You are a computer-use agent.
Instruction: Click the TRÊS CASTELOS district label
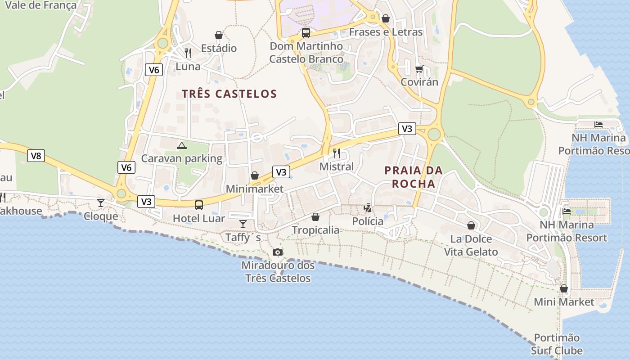click(x=229, y=94)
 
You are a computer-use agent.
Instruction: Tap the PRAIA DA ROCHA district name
click(x=414, y=177)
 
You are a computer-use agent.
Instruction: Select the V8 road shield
click(x=36, y=156)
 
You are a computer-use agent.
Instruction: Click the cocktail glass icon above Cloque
click(x=101, y=203)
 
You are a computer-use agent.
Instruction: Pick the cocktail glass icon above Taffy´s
click(x=243, y=224)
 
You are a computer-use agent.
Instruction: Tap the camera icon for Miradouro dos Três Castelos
click(x=278, y=252)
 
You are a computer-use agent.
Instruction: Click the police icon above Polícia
click(x=368, y=208)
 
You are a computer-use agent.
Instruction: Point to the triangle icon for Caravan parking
click(x=181, y=145)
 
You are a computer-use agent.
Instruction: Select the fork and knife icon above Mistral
click(x=337, y=153)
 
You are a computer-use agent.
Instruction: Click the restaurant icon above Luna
click(x=188, y=53)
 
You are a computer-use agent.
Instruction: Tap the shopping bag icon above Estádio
click(x=219, y=35)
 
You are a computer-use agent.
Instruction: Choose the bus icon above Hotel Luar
click(x=198, y=205)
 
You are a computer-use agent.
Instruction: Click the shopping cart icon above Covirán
click(x=419, y=69)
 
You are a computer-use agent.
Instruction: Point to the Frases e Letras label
click(x=386, y=32)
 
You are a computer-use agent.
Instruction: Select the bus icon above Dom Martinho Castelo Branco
click(x=306, y=32)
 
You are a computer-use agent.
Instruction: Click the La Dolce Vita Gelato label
click(x=471, y=245)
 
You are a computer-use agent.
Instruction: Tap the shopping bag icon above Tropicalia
click(x=315, y=217)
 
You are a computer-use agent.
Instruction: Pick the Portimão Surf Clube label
click(x=557, y=344)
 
